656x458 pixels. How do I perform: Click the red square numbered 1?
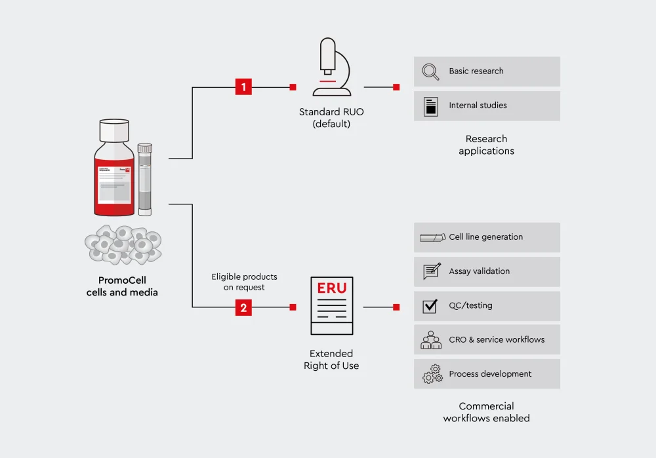pyautogui.click(x=243, y=87)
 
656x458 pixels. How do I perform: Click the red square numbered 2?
pyautogui.click(x=243, y=307)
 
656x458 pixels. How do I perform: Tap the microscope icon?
pyautogui.click(x=332, y=67)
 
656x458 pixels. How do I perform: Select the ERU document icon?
pyautogui.click(x=332, y=305)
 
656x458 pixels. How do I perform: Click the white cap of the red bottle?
pyautogui.click(x=113, y=130)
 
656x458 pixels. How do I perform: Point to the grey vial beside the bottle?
pyautogui.click(x=145, y=180)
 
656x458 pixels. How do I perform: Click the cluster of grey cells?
pyautogui.click(x=123, y=245)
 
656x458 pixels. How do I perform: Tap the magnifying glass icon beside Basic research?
pyautogui.click(x=430, y=71)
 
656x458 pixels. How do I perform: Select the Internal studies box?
pyautogui.click(x=487, y=106)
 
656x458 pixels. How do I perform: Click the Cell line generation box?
pyautogui.click(x=487, y=237)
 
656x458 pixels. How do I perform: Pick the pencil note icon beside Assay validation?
pyautogui.click(x=432, y=271)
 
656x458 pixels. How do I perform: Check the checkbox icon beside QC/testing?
pyautogui.click(x=430, y=306)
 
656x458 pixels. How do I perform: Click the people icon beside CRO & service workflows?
pyautogui.click(x=431, y=340)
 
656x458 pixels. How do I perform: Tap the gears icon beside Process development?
pyautogui.click(x=432, y=374)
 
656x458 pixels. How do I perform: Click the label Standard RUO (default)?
pyautogui.click(x=331, y=118)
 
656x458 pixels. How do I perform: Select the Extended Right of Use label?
pyautogui.click(x=331, y=359)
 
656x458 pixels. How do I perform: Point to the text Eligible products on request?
pyautogui.click(x=244, y=282)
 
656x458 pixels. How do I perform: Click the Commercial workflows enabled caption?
pyautogui.click(x=487, y=412)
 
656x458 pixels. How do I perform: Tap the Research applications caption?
pyautogui.click(x=487, y=145)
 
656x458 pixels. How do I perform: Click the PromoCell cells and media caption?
pyautogui.click(x=122, y=286)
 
